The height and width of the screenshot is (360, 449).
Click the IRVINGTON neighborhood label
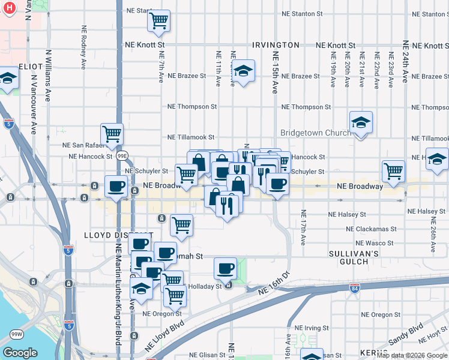[x=276, y=45]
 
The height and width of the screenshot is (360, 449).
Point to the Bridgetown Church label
[x=316, y=133]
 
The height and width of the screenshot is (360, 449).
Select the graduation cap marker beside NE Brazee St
[x=243, y=71]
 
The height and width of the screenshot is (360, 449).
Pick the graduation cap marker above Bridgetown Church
[x=361, y=122]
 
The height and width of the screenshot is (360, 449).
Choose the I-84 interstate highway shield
[x=355, y=289]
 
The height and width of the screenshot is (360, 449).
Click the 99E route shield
[x=122, y=156]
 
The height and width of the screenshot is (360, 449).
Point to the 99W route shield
[x=17, y=333]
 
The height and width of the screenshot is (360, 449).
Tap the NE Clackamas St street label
[x=370, y=229]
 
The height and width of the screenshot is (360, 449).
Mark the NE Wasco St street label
[x=375, y=243]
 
